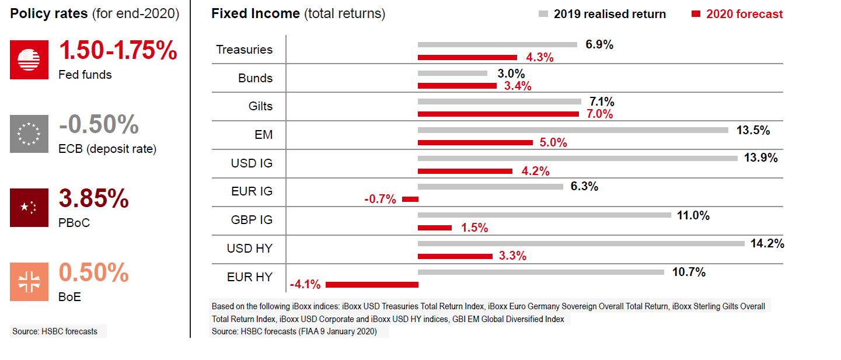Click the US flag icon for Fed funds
pos(29,60)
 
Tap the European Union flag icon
pos(29,134)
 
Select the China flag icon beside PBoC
pos(29,207)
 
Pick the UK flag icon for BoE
pos(29,282)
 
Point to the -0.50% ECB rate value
pos(99,125)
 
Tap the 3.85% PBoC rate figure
pos(93,199)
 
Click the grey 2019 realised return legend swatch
pos(543,14)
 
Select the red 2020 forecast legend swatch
pos(696,14)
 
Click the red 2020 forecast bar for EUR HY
pos(372,285)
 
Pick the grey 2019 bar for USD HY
pos(581,243)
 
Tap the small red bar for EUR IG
pos(410,200)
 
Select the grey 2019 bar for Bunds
pos(452,73)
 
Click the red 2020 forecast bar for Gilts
pos(498,114)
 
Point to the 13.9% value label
pos(760,158)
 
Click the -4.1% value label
pos(305,285)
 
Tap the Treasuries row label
pos(244,50)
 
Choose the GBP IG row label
pos(252,220)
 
